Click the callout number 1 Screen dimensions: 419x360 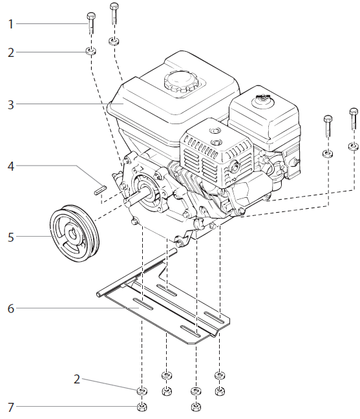tap(10, 24)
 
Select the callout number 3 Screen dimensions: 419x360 tap(10, 103)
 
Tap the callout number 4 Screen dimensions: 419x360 tap(10, 166)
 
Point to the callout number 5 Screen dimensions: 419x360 tap(10, 237)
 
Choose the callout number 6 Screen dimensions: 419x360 tap(10, 308)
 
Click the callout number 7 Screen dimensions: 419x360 tap(10, 407)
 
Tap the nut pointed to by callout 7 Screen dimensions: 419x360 tap(142, 407)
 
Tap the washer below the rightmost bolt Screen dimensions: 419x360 tap(353, 146)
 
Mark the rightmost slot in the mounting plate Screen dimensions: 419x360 tap(214, 317)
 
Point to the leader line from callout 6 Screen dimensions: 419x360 tap(65, 308)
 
